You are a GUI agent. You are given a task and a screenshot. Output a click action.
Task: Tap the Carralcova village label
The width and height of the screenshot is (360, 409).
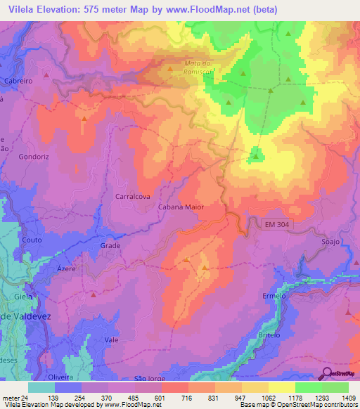point(131,197)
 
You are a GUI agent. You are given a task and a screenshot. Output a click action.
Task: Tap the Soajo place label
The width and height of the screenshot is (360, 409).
point(330,242)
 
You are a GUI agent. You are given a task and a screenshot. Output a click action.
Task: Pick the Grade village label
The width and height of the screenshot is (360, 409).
point(110,246)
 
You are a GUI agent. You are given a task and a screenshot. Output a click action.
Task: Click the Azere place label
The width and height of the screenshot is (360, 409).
point(67,269)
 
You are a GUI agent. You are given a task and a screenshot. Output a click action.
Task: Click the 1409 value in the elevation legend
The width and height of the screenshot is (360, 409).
point(348,398)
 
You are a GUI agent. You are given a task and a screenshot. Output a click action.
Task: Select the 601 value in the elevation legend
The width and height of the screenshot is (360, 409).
point(161,398)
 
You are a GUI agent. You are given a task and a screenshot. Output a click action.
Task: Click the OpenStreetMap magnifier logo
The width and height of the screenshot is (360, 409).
point(326,375)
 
